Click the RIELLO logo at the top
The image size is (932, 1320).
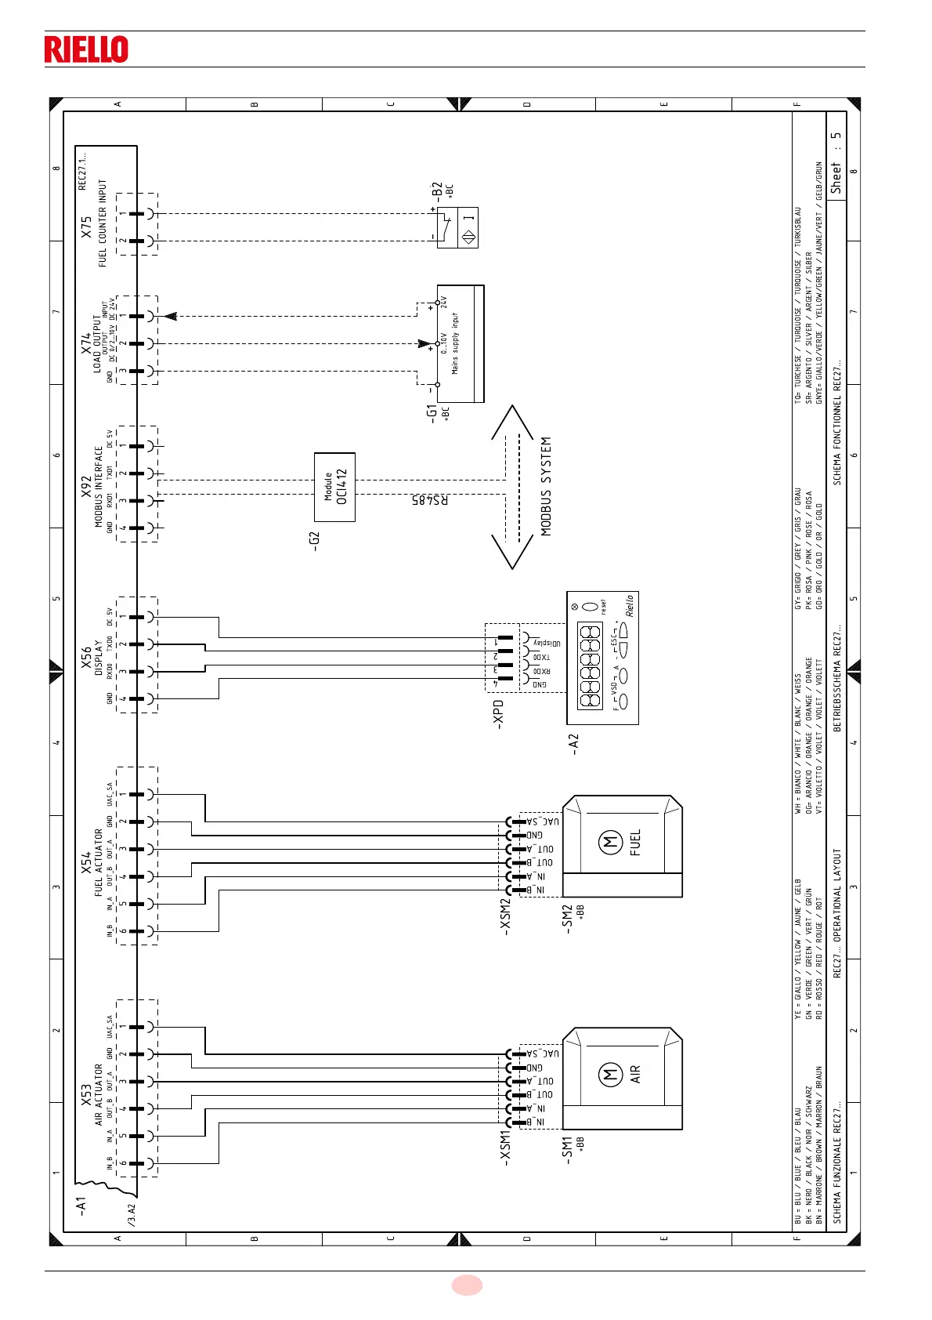(86, 49)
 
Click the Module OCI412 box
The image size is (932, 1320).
(334, 487)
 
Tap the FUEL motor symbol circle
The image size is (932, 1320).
(610, 843)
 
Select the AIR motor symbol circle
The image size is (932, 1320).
(610, 1075)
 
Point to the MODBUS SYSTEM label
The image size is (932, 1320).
(546, 486)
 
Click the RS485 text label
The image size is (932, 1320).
(430, 499)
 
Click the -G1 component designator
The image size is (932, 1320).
(432, 414)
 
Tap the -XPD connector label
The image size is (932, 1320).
(498, 714)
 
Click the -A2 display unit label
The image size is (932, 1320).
(573, 744)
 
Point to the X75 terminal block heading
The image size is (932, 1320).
(86, 227)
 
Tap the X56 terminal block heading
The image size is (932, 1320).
(86, 658)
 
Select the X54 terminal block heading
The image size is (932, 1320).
(86, 863)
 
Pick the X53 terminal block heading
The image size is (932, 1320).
(86, 1095)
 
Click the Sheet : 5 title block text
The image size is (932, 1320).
(836, 162)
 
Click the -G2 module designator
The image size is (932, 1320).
(315, 541)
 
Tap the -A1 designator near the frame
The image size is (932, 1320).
(81, 1206)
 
